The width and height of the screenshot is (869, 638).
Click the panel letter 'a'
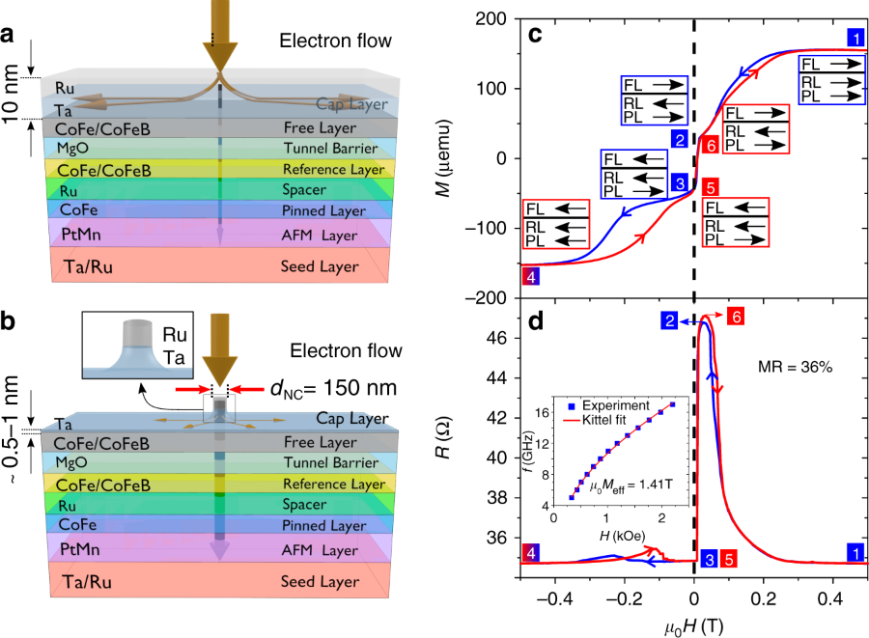click(x=7, y=37)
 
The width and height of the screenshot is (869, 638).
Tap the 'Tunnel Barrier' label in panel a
click(x=327, y=147)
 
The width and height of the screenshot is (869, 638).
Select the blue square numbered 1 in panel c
click(x=855, y=38)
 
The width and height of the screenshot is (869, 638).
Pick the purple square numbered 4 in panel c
click(x=529, y=277)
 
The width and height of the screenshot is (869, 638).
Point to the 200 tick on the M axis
click(x=496, y=18)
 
